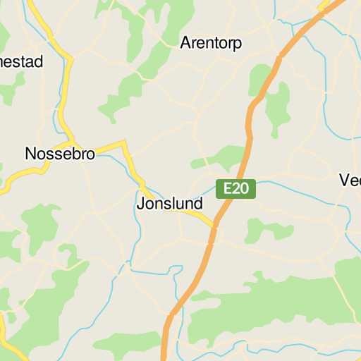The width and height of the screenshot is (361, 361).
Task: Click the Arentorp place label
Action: click(211, 43)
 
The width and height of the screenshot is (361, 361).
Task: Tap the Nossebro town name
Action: click(59, 153)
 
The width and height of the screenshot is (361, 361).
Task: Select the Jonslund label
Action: click(169, 204)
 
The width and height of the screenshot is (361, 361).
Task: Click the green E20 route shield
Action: click(235, 189)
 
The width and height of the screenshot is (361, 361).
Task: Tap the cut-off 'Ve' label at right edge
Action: click(350, 180)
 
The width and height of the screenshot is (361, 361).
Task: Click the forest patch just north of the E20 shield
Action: click(224, 157)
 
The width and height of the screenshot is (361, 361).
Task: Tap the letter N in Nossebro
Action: click(30, 153)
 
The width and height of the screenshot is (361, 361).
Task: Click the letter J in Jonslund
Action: click(140, 204)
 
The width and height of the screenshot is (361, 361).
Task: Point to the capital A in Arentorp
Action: click(185, 43)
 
